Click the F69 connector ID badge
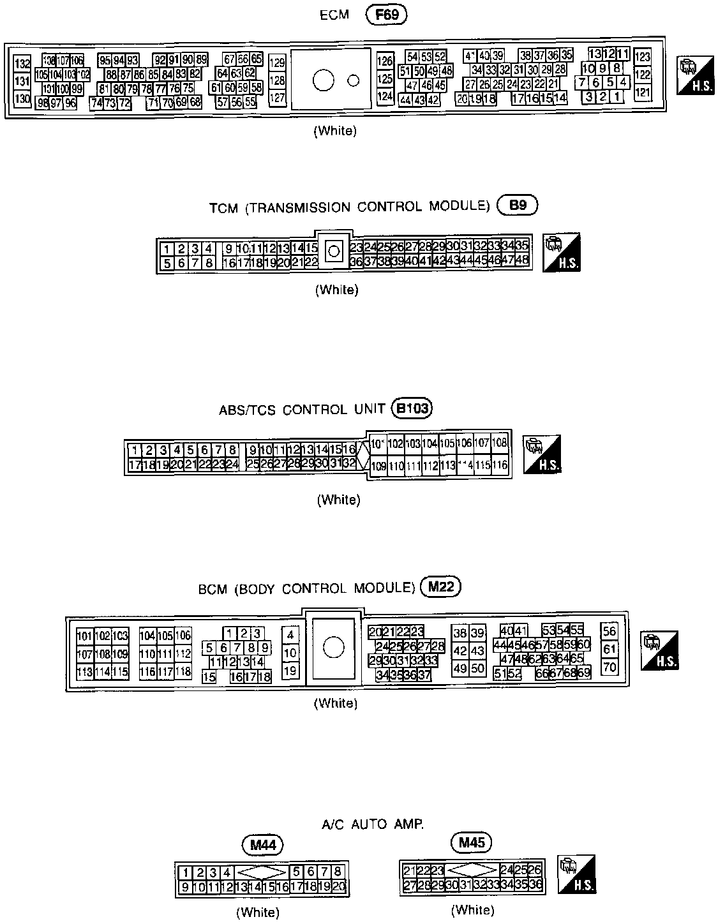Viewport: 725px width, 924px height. point(387,14)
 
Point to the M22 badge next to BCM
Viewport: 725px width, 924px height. point(440,587)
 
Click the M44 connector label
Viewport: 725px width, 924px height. point(262,845)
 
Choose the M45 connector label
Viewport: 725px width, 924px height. point(472,843)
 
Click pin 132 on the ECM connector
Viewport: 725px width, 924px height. point(22,64)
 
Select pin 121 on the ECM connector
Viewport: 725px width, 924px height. point(643,93)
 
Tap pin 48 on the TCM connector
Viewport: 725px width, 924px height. point(522,260)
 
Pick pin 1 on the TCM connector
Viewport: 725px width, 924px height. point(167,248)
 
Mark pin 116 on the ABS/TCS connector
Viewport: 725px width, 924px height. point(500,465)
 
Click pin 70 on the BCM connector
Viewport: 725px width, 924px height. point(609,667)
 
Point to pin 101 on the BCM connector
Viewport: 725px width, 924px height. point(84,636)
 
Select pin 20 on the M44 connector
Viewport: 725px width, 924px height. point(338,886)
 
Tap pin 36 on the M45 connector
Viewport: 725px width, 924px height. point(535,884)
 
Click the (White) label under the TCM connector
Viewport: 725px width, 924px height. point(337,290)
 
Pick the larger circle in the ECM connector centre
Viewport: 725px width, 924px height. point(324,80)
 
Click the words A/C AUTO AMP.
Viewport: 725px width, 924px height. point(373,824)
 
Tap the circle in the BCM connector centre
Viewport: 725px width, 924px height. point(333,648)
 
